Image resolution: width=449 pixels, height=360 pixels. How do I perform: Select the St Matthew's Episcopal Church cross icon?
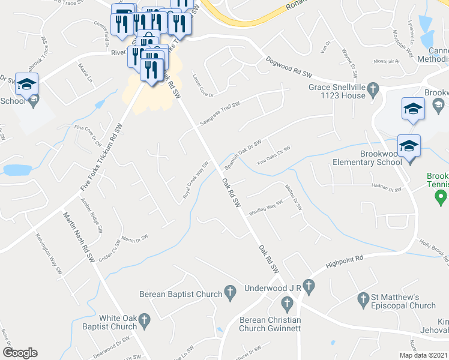click(x=363, y=298)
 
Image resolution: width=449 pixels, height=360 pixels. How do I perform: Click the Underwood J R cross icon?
click(x=309, y=287)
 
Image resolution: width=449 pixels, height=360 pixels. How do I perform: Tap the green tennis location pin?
click(x=442, y=196)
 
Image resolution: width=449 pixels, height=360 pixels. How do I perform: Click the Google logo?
click(x=20, y=353)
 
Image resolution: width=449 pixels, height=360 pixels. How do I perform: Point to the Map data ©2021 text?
click(x=424, y=355)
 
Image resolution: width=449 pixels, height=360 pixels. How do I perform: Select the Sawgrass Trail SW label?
click(x=220, y=113)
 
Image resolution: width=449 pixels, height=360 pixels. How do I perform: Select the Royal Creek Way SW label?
click(x=196, y=181)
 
